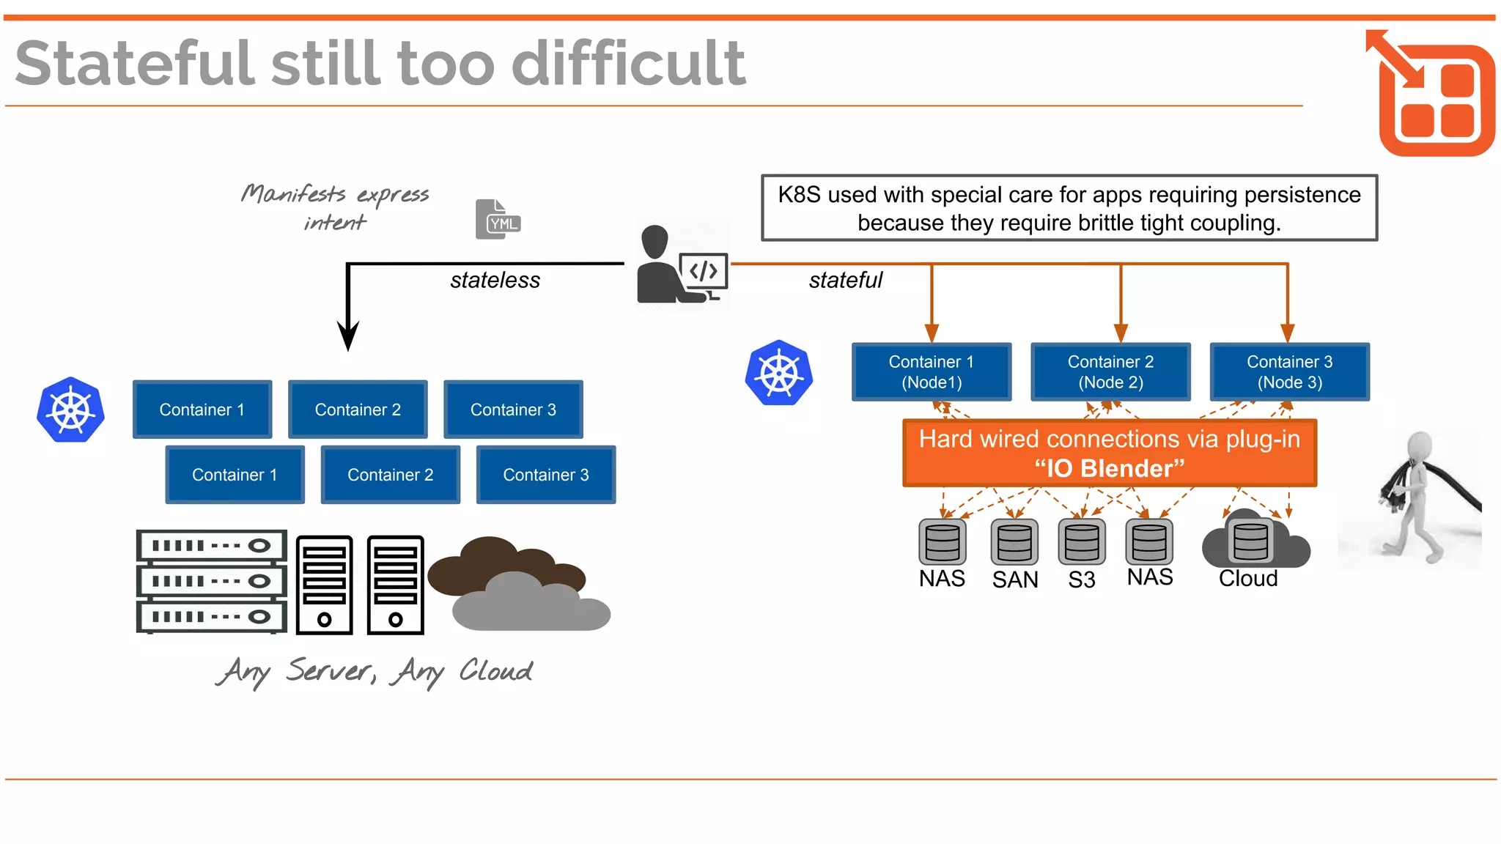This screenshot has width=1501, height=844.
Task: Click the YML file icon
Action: click(498, 219)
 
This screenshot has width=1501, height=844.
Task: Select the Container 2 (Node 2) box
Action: click(1110, 372)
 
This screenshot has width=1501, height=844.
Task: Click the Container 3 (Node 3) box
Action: click(1289, 372)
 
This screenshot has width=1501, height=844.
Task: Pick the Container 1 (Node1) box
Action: click(932, 372)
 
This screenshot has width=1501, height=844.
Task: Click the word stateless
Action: click(495, 281)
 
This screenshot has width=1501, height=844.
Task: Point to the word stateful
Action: click(845, 281)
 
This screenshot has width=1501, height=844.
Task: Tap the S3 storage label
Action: click(1081, 580)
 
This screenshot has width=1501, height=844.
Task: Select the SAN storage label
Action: click(1015, 580)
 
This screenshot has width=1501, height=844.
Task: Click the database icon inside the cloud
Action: click(1250, 542)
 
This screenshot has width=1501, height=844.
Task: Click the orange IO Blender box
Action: click(1110, 454)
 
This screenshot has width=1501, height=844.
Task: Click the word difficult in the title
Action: click(628, 64)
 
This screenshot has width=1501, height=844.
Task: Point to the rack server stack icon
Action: click(212, 581)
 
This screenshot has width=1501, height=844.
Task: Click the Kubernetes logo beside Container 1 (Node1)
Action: click(779, 373)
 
